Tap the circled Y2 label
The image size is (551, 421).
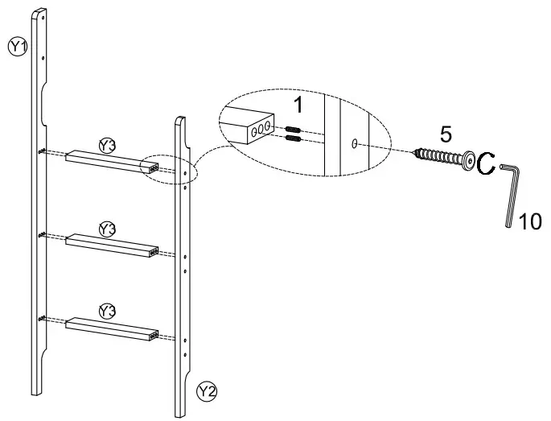[x=207, y=392]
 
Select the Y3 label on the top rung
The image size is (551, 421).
[x=107, y=146]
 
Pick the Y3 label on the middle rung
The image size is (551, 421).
[x=107, y=229]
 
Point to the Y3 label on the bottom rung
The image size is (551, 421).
[x=107, y=311]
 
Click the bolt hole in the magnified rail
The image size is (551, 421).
[x=355, y=143]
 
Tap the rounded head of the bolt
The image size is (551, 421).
[x=466, y=160]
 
